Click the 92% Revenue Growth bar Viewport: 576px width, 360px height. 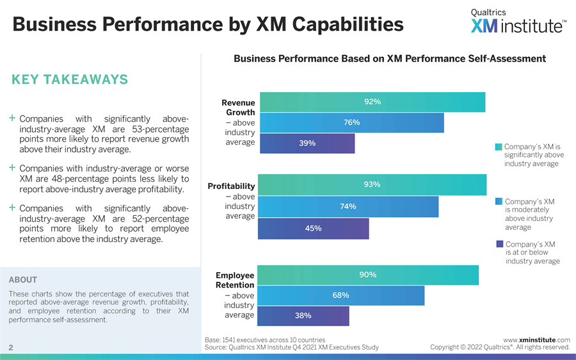(371, 102)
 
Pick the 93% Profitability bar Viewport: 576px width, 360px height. (372, 184)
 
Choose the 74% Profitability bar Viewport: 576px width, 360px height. (348, 206)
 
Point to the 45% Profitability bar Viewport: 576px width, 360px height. (313, 229)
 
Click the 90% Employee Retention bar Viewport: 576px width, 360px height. (368, 275)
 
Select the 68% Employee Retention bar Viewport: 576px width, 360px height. (340, 295)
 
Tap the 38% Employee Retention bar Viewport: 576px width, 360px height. (303, 316)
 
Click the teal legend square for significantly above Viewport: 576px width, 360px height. (499, 147)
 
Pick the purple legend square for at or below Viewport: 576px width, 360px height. (500, 244)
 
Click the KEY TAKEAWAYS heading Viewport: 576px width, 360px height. (70, 79)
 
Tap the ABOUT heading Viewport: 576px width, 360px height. (23, 280)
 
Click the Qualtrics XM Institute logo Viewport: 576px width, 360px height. (518, 22)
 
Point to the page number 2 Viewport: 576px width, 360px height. (12, 347)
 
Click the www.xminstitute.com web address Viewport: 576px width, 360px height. (536, 340)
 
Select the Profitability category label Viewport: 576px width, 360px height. (231, 186)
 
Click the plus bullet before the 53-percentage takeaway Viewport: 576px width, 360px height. (12, 119)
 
